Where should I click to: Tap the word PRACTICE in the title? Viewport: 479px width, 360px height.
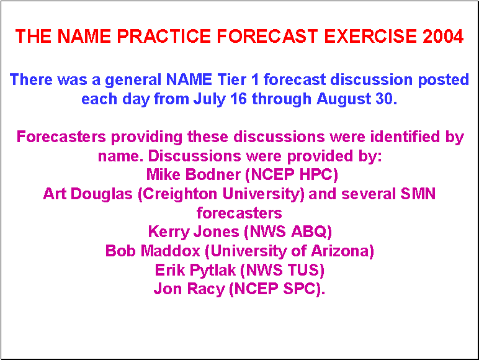(x=164, y=36)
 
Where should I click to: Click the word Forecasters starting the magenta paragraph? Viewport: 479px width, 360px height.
(x=61, y=137)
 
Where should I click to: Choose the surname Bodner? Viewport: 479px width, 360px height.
(x=213, y=175)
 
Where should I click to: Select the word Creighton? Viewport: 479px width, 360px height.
(x=180, y=195)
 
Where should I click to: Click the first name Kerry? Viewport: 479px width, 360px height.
(x=169, y=232)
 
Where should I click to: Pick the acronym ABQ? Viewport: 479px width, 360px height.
(x=309, y=232)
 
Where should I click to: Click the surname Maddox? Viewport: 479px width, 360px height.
(x=172, y=251)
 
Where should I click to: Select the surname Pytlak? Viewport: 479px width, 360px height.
(x=213, y=271)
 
